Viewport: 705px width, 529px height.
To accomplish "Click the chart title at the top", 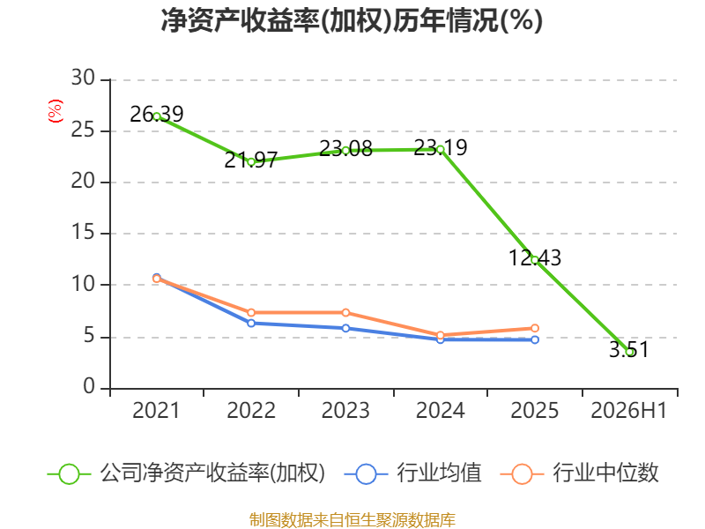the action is (352, 20).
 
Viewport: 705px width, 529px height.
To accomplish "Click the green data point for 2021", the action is (157, 116).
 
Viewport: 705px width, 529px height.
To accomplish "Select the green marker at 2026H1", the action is (629, 352).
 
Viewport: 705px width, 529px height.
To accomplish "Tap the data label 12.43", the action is (535, 258).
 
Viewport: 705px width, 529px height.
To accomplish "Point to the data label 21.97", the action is (251, 160).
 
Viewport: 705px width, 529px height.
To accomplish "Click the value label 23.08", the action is (345, 148).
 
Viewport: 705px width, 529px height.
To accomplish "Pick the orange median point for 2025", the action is (535, 328).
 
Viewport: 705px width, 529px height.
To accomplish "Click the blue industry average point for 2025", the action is (535, 340).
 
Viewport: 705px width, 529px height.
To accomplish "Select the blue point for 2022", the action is (251, 323).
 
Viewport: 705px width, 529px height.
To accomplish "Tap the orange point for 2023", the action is (345, 313).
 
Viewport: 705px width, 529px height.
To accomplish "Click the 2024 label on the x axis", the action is (440, 411).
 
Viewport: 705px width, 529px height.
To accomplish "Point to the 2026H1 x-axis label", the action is (628, 411).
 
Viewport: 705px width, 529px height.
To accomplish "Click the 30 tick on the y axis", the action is (83, 78).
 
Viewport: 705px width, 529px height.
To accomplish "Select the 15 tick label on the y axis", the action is (83, 233).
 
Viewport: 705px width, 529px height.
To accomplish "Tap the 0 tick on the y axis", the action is (89, 386).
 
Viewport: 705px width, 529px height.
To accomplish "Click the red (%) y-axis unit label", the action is (56, 111).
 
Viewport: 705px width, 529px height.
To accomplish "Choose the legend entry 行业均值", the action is (412, 473).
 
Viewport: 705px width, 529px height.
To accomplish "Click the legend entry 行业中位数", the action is (580, 473).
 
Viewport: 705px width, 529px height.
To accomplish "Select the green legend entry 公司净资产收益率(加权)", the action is (186, 473).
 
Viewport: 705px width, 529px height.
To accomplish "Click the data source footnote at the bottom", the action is (352, 520).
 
